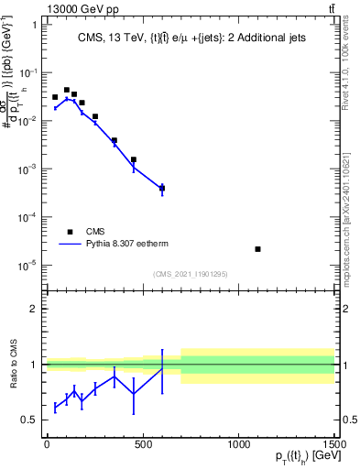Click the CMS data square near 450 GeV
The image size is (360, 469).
point(133,159)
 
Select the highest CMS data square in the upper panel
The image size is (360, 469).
point(66,90)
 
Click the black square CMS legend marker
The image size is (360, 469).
point(70,233)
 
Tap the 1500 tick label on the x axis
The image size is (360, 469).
point(335,445)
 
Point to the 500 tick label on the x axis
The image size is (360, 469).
point(143,445)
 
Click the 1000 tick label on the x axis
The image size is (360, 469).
point(239,445)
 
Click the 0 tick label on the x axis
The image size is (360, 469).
point(47,445)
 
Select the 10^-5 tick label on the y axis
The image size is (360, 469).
point(27,266)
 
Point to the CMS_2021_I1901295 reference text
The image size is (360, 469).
point(190,274)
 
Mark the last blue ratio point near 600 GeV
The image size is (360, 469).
point(162,369)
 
